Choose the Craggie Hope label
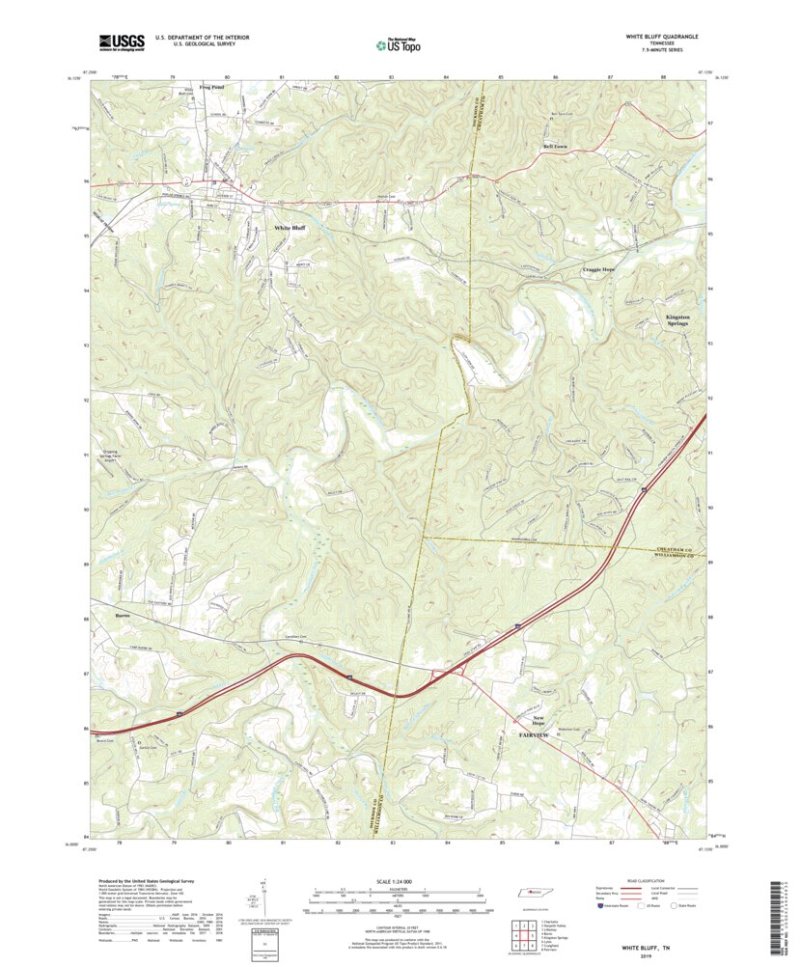598,269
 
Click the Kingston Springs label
684,320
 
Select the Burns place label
122,614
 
